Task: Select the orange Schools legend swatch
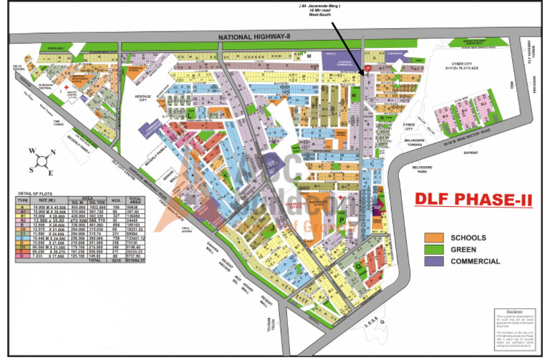[x=434, y=238]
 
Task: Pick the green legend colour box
[x=434, y=250]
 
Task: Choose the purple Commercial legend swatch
[x=434, y=262]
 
